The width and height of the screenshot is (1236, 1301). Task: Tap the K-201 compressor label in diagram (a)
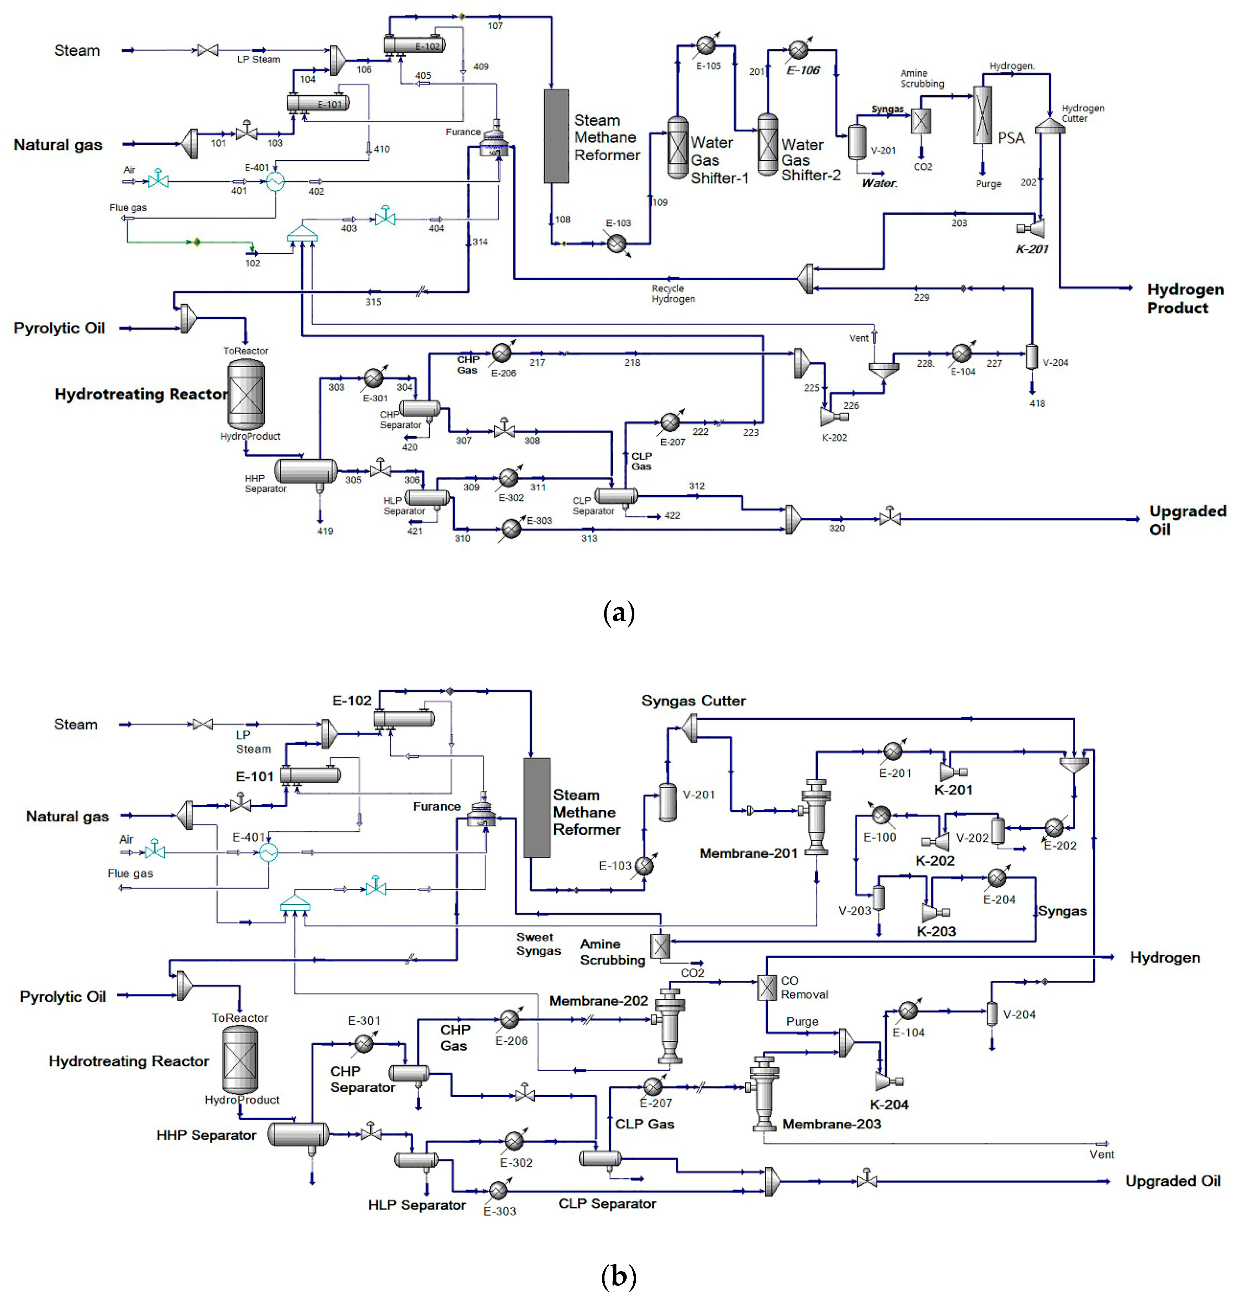[1032, 249]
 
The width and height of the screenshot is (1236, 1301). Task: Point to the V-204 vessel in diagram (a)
[1032, 356]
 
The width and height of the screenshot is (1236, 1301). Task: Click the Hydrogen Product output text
[1185, 298]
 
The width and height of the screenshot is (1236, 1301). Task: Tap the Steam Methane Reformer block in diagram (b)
[537, 808]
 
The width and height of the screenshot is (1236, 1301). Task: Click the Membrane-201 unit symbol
[816, 816]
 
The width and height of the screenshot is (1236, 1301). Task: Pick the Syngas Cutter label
[693, 700]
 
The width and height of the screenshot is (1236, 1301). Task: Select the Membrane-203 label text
[832, 1124]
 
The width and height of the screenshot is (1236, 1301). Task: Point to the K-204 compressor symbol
[884, 1080]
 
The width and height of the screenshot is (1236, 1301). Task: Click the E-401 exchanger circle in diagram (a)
[275, 182]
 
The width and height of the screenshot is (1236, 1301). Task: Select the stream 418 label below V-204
[1037, 403]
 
